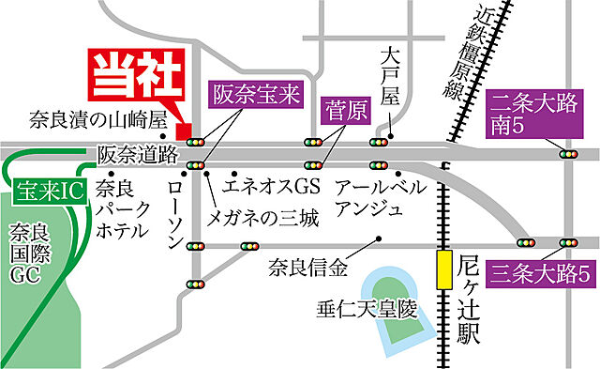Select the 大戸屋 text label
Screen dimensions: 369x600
(391, 85)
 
